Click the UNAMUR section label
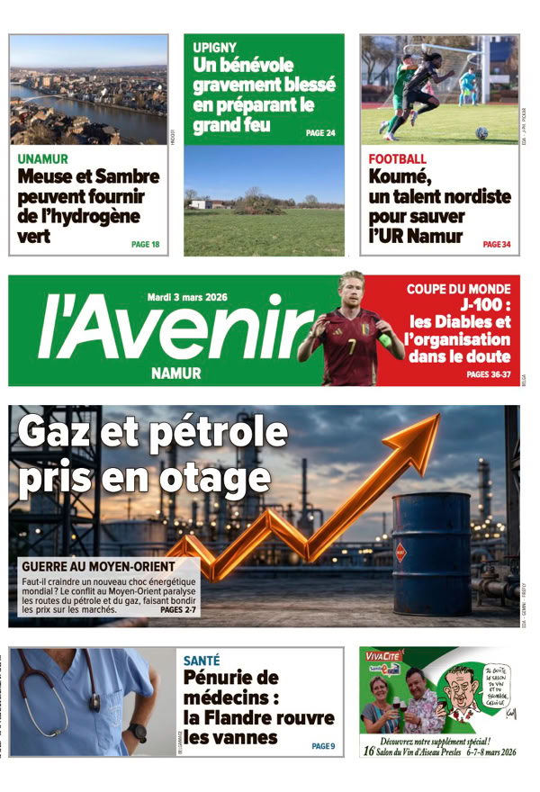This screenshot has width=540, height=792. point(42,159)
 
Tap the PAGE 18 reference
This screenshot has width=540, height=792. point(145,244)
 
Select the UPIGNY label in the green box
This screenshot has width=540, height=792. point(215,47)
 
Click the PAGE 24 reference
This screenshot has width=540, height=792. point(320,133)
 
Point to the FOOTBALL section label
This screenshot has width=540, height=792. point(397,159)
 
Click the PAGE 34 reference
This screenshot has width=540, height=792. point(496,244)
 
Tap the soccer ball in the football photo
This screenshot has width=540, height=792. point(482,132)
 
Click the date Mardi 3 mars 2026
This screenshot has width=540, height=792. point(187,297)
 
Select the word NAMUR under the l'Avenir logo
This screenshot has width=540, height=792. point(176,373)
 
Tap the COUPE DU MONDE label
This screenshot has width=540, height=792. point(458,289)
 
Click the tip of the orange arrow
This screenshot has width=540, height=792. point(436,418)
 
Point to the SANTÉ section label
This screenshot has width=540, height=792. point(202,660)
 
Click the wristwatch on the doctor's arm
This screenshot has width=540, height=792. point(137,732)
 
